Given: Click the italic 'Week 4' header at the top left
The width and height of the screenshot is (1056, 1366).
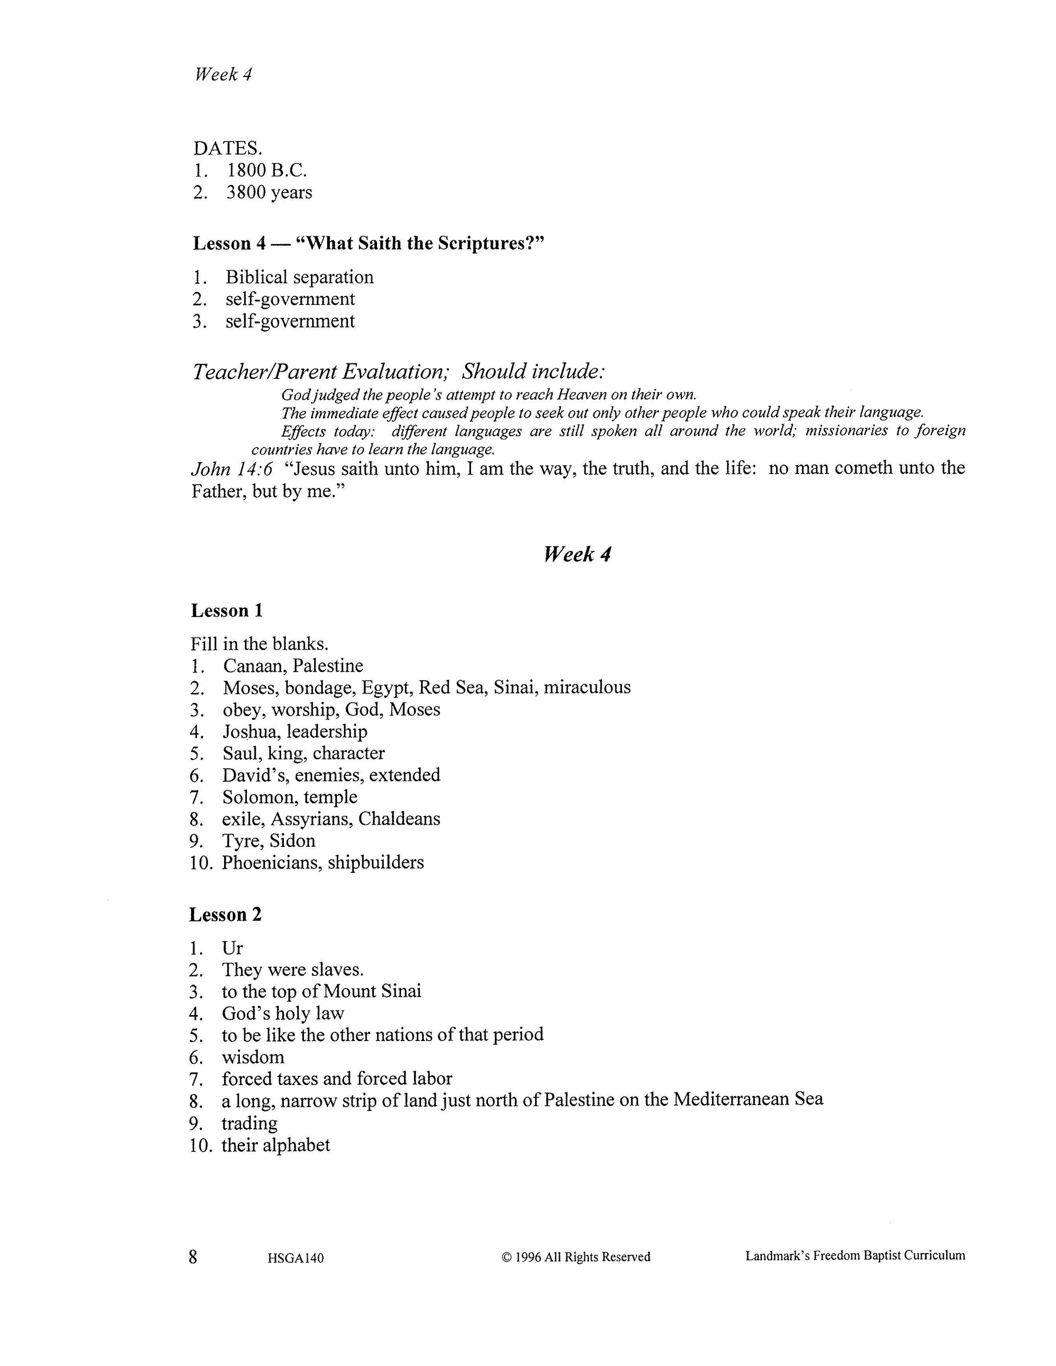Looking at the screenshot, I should pos(224,74).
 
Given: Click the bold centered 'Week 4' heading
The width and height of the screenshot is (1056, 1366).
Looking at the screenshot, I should pos(577,554).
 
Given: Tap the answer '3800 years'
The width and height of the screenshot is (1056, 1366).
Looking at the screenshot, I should pos(269,192).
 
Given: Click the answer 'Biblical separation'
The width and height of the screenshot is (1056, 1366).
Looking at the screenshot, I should pos(299,277).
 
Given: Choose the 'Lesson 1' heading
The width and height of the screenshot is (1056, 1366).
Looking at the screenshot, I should pos(226,610).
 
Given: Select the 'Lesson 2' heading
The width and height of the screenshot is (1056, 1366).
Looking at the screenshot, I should pos(226,915).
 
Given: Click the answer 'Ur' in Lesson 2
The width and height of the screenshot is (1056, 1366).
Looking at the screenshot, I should pos(232,948).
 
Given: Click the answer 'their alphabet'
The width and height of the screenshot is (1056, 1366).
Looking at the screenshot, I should pos(275,1145).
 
